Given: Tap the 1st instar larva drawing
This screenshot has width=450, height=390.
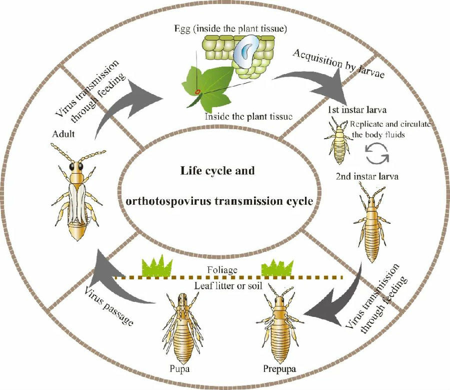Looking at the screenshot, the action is click(338, 140).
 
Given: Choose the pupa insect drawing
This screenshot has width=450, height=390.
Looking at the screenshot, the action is click(182, 327).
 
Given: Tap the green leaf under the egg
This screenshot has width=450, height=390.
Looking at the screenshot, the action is click(207, 88).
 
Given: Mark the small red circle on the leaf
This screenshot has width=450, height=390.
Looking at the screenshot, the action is click(197, 92).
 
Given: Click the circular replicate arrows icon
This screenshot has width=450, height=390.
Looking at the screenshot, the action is click(377, 154).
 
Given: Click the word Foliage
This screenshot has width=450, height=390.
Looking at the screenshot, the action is click(222, 270).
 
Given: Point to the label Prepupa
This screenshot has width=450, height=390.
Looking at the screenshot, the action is click(279, 369).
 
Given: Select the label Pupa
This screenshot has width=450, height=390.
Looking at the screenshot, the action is click(179, 369).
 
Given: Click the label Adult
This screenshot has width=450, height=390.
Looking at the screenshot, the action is click(63, 134).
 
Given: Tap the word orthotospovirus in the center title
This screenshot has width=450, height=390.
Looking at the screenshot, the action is click(169, 201).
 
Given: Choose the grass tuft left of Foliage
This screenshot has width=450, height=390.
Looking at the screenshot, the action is click(157, 266).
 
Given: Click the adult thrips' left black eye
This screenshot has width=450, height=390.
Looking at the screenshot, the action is click(71, 167).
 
